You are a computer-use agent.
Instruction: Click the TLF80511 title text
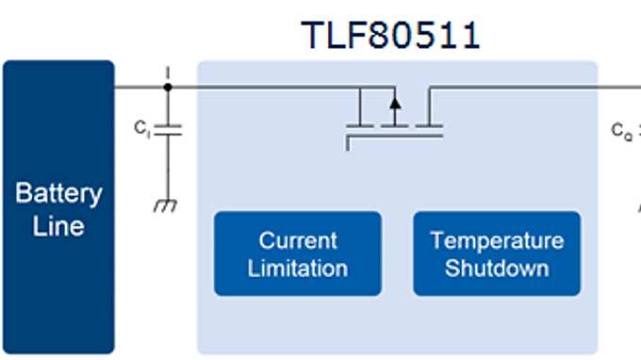click(x=390, y=35)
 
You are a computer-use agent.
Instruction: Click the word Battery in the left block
click(x=58, y=195)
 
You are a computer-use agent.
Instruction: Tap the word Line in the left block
click(x=58, y=227)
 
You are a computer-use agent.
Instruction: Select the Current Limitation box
click(x=298, y=254)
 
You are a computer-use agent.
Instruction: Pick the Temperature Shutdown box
click(x=497, y=254)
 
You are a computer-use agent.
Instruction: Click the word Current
click(x=298, y=240)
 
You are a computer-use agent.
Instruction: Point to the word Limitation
click(x=298, y=268)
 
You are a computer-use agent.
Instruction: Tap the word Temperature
click(x=497, y=240)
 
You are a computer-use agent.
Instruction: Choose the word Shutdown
click(x=497, y=268)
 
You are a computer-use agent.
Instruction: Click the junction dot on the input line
click(x=168, y=88)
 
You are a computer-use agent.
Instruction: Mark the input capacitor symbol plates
click(x=168, y=130)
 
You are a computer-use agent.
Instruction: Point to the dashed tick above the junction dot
click(x=168, y=72)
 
